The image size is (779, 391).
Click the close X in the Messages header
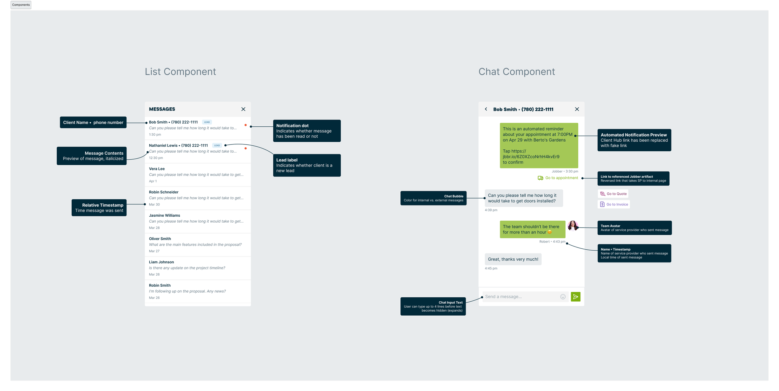tap(243, 109)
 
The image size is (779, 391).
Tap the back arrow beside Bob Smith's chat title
tap(486, 109)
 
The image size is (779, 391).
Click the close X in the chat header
tap(577, 109)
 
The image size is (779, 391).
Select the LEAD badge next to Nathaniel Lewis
tap(217, 145)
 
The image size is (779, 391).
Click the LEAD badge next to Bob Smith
tap(207, 122)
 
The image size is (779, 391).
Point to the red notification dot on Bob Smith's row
tap(246, 125)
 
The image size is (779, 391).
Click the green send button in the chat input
tap(576, 297)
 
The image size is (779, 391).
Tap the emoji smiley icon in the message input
tap(563, 297)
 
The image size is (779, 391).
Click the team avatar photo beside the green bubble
tap(573, 226)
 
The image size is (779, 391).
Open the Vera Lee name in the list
tap(157, 169)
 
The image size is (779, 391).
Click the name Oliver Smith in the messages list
tap(160, 239)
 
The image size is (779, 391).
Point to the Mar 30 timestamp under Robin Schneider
tap(154, 205)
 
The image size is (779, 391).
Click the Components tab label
tap(21, 5)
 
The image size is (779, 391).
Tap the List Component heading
tap(180, 72)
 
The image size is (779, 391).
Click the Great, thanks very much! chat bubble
tap(513, 259)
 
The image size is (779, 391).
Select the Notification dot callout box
tap(307, 131)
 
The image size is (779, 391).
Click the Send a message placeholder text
tap(503, 297)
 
